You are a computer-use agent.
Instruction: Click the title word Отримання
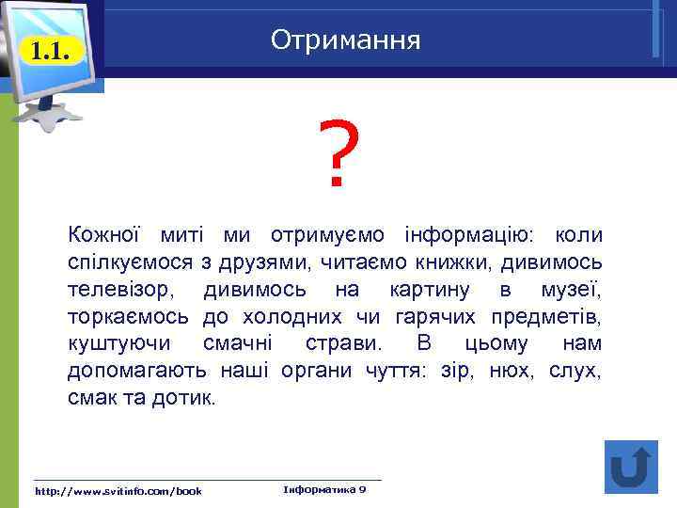coord(345,40)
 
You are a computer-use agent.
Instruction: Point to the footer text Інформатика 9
coord(323,489)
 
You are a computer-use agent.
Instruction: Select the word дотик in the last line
coord(189,397)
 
